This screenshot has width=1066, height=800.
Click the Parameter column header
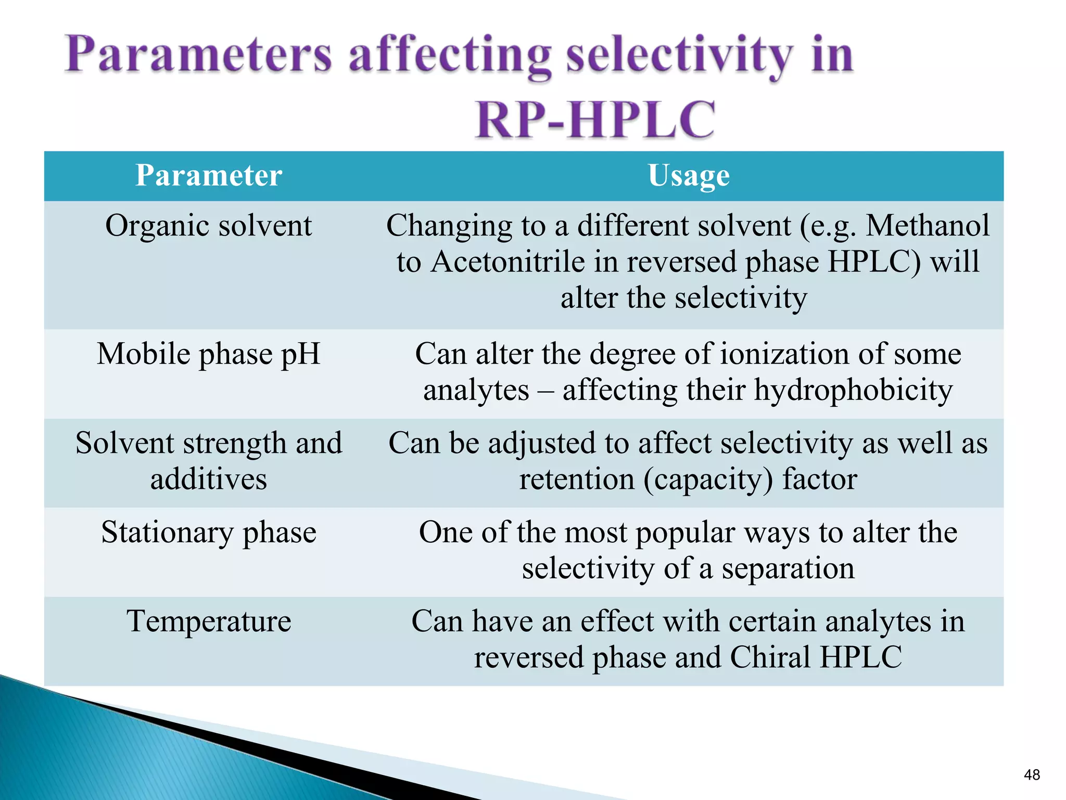(x=209, y=176)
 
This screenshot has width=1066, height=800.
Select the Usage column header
(x=688, y=176)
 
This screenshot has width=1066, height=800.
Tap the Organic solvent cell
(x=209, y=226)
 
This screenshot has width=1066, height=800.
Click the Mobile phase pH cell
(x=209, y=354)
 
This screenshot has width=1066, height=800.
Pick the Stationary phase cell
(x=209, y=532)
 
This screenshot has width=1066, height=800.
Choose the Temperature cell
(x=209, y=621)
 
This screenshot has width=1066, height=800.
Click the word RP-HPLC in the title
(x=595, y=120)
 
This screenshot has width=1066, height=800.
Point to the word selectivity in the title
(x=679, y=56)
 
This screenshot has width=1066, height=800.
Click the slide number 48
(x=1032, y=775)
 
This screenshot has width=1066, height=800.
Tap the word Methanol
(x=927, y=226)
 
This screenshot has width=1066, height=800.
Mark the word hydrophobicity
(x=854, y=390)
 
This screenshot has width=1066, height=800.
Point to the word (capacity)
(x=708, y=480)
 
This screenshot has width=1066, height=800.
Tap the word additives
(x=209, y=479)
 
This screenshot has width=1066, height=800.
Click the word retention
(x=577, y=479)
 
